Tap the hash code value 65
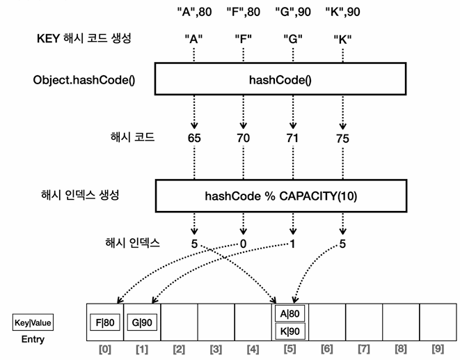point(195,138)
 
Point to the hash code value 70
point(243,138)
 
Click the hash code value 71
point(292,138)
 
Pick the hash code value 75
point(342,138)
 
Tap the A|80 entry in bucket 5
point(290,315)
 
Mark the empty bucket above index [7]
point(364,322)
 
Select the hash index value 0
point(243,244)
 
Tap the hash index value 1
point(292,244)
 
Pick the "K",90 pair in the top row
point(342,12)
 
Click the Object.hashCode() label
point(84,79)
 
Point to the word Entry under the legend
point(33,339)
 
